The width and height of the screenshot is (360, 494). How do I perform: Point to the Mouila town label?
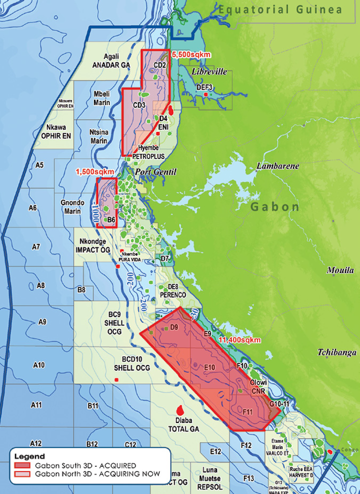340,270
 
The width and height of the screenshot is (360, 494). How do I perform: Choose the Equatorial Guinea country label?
280,9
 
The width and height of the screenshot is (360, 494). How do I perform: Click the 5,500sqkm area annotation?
189,53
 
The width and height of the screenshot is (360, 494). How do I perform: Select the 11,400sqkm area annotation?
239,340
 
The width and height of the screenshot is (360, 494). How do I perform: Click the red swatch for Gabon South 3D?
22,465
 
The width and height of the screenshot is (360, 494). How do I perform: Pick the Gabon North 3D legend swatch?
22,473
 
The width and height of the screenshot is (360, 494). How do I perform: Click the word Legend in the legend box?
29,456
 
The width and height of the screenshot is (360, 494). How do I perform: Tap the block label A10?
39,365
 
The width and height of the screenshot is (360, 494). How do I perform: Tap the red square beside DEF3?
205,94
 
